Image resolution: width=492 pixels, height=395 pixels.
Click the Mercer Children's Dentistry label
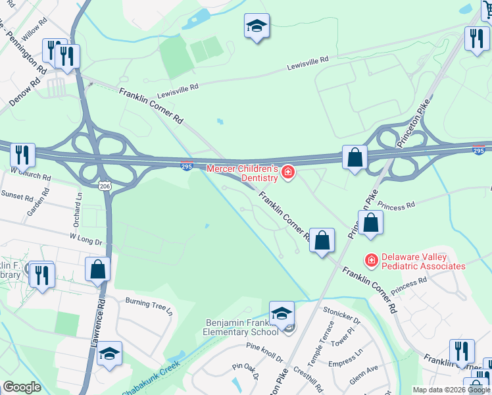click(241, 173)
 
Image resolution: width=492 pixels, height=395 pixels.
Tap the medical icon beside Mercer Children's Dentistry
click(287, 173)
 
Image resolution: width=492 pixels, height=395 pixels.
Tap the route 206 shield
click(105, 186)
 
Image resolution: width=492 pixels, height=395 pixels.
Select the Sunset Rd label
click(17, 196)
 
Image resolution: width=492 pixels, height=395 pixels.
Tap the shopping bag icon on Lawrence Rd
click(97, 269)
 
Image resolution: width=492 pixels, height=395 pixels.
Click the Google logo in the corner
click(22, 387)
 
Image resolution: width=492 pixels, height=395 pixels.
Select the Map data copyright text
click(452, 390)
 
